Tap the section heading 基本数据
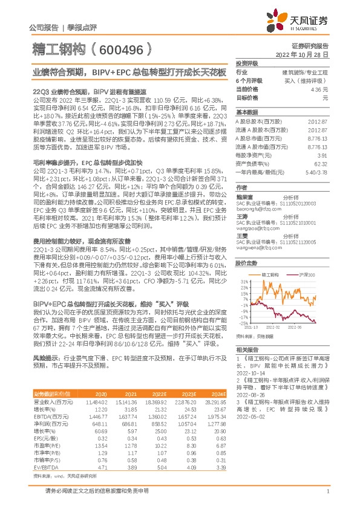246,112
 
